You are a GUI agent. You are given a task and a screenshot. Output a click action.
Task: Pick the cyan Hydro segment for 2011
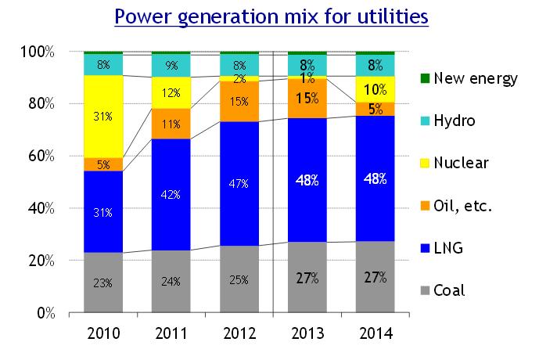pyautogui.click(x=172, y=66)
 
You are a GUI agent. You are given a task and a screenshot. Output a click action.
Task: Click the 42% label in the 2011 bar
pyautogui.click(x=172, y=196)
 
